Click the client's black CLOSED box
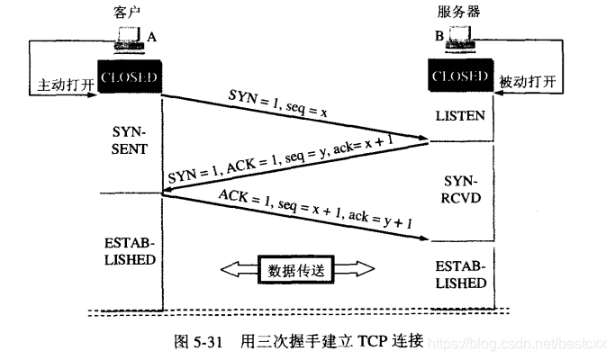point(128,77)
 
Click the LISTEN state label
point(460,116)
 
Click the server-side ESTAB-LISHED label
point(459,274)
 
